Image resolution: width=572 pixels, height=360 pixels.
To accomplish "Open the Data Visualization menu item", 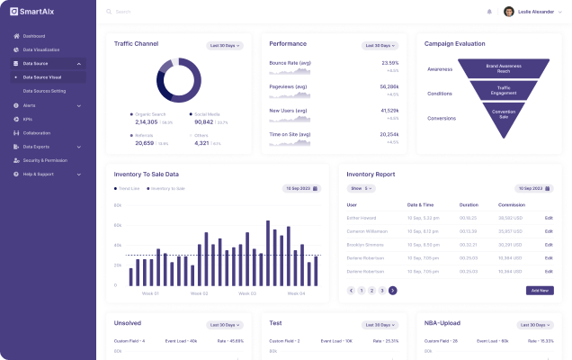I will coord(41,49).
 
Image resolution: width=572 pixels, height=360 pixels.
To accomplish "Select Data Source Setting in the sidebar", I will coord(44,91).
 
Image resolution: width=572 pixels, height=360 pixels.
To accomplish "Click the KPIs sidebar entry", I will coord(28,119).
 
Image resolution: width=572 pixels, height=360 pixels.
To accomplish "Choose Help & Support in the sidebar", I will coord(38,174).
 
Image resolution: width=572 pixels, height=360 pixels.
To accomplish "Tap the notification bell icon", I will coord(489,12).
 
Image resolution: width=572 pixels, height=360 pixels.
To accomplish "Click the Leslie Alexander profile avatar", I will coord(509,12).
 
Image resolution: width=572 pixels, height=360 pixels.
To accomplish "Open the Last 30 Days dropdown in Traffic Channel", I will coord(225,45).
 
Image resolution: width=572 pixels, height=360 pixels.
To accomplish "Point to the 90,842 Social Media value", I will coord(203,121).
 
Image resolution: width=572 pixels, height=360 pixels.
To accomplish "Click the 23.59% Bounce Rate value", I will coord(389,63).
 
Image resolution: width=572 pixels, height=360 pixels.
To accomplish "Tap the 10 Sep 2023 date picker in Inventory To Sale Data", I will coord(301,188).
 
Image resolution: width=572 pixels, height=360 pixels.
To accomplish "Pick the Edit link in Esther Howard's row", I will coord(549,218).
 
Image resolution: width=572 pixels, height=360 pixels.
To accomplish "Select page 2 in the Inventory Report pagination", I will coord(371,291).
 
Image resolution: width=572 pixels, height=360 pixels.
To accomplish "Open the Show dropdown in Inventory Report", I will coord(362,188).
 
